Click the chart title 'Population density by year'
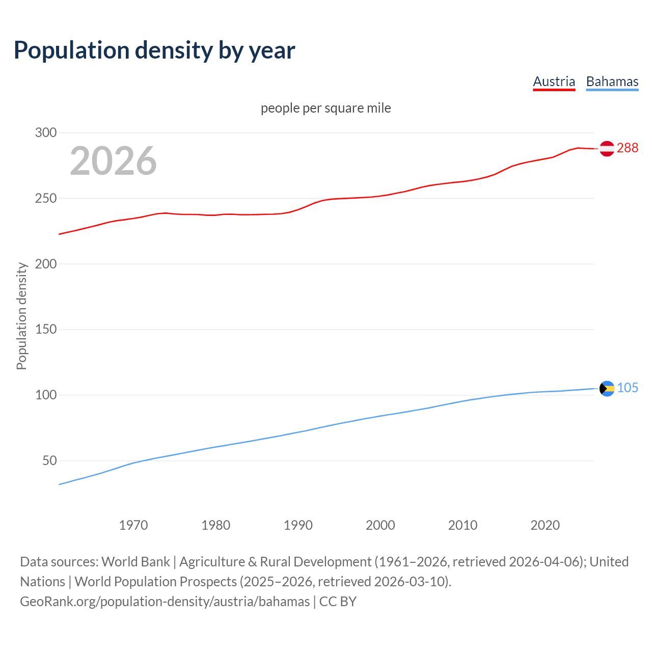154,50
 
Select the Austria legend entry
554,81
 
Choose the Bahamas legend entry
612,81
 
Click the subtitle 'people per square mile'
325,108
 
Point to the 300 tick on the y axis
46,133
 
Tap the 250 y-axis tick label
46,198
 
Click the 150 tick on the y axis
46,330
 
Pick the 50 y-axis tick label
49,460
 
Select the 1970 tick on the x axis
133,525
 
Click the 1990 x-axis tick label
298,525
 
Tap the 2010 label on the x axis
463,525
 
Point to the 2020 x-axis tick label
545,525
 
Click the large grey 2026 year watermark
113,161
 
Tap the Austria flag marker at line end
607,148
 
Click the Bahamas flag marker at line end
607,389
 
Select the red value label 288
627,148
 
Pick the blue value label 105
628,388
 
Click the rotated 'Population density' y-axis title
21,316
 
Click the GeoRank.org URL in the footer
165,602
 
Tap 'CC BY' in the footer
338,602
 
